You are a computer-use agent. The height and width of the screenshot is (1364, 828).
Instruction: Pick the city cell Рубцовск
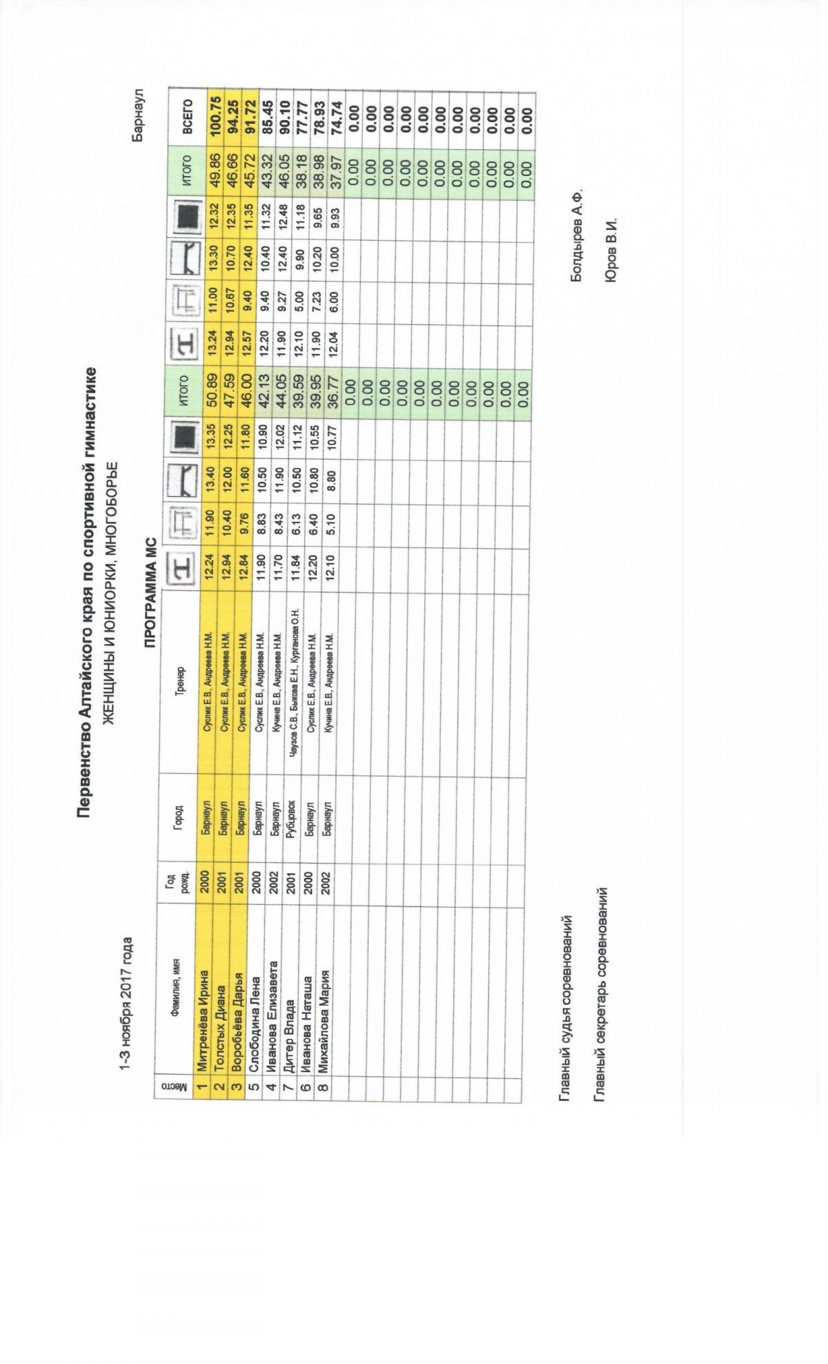tap(290, 817)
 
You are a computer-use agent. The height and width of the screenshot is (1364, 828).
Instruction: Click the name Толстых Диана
tap(219, 1031)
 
